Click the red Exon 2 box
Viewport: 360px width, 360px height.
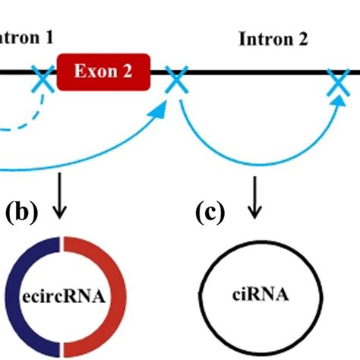(103, 71)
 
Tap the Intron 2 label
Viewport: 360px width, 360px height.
(273, 39)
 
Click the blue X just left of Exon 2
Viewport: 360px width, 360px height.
(43, 79)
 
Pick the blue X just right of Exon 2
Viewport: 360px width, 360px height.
(176, 79)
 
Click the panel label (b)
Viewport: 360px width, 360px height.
(21, 212)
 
